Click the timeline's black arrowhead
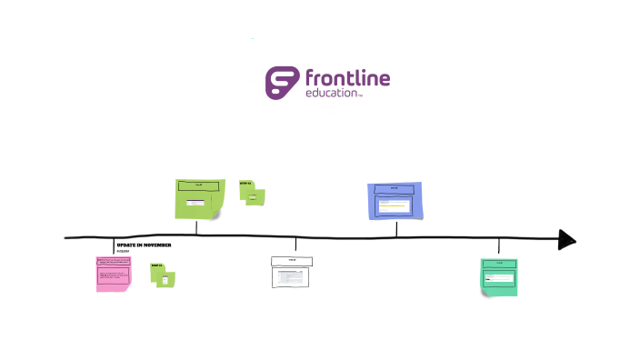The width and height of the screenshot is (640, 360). pos(567,240)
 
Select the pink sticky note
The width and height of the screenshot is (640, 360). pos(112,274)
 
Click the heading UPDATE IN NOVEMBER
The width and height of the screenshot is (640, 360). pos(144,245)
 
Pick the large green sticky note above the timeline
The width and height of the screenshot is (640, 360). pos(199,199)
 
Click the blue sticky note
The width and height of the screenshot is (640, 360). pos(395,201)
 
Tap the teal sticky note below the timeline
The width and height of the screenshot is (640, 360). pos(499,276)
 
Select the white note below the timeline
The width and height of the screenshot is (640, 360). pos(291,273)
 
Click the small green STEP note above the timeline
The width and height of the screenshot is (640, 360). pos(252,193)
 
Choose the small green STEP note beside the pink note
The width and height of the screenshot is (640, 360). pos(163,275)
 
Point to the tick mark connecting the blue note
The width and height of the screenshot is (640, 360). pos(396,228)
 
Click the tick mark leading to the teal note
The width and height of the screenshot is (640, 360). pos(498,246)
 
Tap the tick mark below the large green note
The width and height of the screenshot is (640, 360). pos(197,228)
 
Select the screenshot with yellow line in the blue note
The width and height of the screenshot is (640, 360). pos(395,205)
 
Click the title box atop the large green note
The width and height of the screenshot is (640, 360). pos(198,185)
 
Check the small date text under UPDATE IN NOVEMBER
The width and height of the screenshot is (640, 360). pos(123,252)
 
